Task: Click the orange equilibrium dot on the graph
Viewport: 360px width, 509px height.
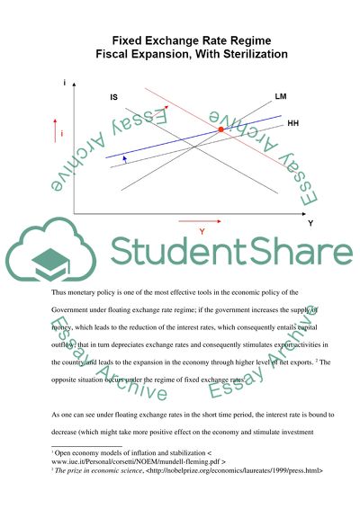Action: click(x=221, y=131)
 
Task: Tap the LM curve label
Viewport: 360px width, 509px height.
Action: click(x=281, y=94)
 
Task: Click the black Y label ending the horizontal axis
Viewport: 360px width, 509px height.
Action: click(x=310, y=222)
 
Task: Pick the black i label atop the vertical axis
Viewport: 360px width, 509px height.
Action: click(x=64, y=84)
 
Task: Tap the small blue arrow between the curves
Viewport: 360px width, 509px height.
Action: click(x=125, y=158)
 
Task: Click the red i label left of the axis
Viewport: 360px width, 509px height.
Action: click(x=61, y=133)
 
